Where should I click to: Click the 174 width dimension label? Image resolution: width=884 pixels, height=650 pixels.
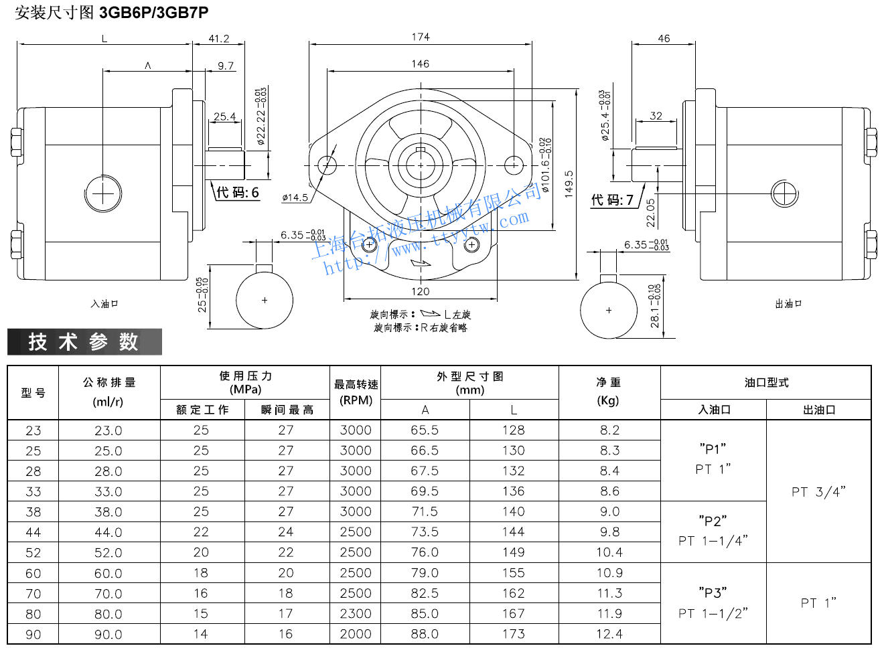421,37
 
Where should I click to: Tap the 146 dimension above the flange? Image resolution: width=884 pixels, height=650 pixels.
421,64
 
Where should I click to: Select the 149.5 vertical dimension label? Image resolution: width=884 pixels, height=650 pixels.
569,183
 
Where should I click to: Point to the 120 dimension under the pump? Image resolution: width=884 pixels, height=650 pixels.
421,291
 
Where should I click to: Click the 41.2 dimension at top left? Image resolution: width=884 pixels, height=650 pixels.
218,39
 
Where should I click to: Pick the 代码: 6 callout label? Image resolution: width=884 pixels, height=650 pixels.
237,193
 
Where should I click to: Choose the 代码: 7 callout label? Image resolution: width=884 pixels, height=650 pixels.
612,199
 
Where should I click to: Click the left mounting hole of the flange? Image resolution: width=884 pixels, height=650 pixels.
327,164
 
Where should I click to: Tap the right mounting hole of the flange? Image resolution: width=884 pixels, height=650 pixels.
513,164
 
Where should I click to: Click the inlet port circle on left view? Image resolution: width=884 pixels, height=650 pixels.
103,194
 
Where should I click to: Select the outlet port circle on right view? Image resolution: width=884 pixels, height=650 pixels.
784,194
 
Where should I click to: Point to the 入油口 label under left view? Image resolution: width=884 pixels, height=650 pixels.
104,304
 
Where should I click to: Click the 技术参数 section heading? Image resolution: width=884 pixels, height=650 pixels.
84,342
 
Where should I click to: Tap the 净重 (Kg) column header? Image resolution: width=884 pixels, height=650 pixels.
609,391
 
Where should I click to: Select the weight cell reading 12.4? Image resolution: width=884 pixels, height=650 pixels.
609,634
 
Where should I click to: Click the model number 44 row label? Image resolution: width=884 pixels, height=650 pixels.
33,532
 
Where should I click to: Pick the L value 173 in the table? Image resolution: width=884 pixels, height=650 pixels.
513,634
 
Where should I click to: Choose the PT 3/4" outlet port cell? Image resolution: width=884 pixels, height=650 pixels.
818,492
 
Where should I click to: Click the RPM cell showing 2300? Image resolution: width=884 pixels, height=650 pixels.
355,614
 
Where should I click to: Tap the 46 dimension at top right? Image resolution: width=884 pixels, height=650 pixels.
664,39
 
